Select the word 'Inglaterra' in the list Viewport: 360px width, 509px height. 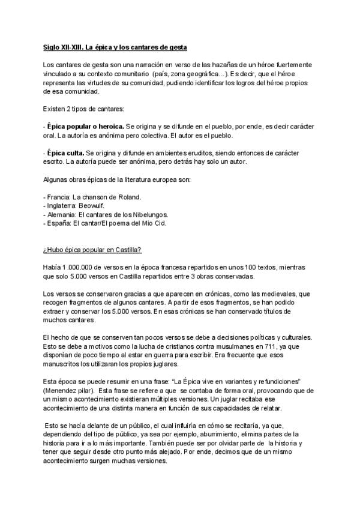(x=63, y=205)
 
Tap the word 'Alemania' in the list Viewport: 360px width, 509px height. (x=62, y=214)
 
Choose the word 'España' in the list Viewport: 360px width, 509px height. (x=60, y=223)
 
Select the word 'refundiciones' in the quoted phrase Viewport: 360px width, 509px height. (x=277, y=382)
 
